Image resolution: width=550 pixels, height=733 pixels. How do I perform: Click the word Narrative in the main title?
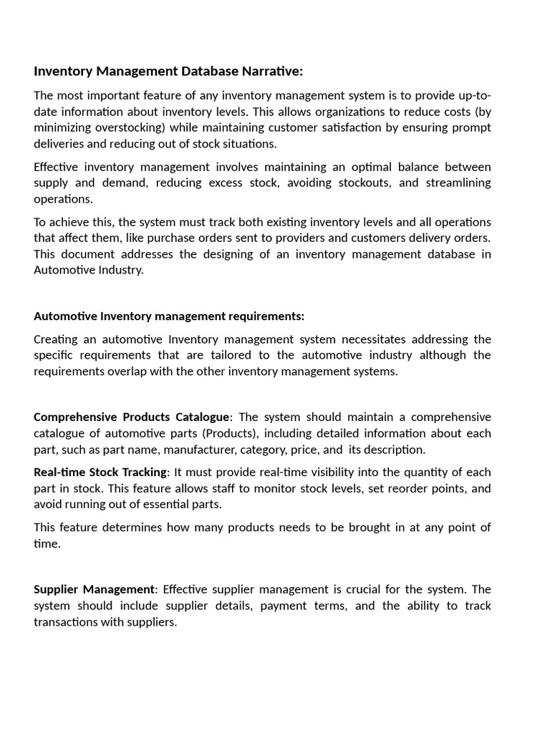pos(266,72)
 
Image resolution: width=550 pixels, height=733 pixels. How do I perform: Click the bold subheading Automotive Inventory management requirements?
pos(169,316)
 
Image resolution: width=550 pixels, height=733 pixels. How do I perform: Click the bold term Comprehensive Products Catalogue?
pos(132,417)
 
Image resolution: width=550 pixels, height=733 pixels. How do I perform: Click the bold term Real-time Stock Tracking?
pos(100,472)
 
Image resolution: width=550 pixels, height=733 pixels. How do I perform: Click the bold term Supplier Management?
pos(94,590)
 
